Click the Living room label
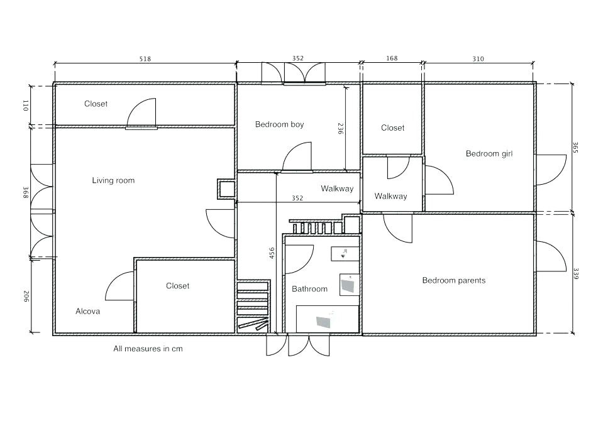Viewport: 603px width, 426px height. coord(113,181)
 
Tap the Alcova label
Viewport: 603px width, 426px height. coord(87,311)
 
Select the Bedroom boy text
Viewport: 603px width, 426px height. coord(279,124)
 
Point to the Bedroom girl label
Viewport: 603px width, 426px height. coord(490,154)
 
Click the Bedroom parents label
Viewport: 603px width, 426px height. coord(453,280)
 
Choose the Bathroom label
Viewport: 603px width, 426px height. coord(309,289)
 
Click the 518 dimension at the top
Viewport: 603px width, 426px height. coord(145,59)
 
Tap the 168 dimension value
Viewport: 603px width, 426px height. coord(392,59)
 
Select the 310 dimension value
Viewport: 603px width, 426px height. coord(478,59)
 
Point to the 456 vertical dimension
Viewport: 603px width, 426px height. coord(272,253)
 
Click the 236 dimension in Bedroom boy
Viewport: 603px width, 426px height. coord(340,129)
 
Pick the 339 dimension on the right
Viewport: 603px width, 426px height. coord(575,274)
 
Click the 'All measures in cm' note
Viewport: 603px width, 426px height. coord(148,348)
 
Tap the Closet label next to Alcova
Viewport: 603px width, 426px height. coord(177,286)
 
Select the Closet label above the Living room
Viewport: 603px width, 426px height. coord(96,104)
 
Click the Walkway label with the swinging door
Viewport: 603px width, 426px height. coord(390,197)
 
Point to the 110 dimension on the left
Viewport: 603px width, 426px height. coord(26,106)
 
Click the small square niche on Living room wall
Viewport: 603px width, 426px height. coord(225,189)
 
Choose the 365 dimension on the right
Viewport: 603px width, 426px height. coord(575,147)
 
